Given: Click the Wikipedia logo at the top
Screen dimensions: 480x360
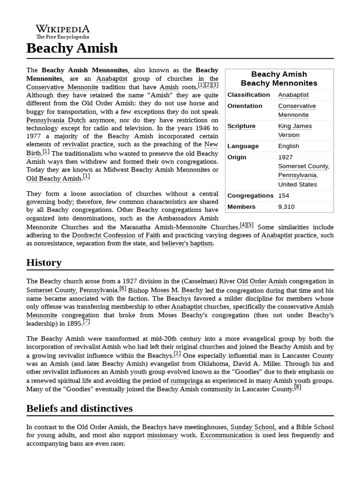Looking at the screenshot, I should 63,31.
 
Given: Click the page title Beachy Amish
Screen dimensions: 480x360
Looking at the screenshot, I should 72,48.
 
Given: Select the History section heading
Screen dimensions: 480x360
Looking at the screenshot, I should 44,262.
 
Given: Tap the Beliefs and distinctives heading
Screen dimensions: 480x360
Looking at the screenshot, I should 79,408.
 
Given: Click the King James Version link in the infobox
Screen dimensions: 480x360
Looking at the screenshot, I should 294,130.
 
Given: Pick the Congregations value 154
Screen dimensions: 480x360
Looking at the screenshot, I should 285,195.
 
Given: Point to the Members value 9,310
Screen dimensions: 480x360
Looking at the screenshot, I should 286,207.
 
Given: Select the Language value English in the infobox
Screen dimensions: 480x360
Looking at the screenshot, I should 288,146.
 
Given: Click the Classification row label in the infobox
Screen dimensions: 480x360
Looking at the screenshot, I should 248,95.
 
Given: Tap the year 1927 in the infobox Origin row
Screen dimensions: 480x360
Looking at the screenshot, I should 285,157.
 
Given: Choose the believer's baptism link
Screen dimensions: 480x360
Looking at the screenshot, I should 187,243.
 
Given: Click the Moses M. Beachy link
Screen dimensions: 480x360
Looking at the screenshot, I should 170,290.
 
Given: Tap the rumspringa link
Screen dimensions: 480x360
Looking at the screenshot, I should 187,381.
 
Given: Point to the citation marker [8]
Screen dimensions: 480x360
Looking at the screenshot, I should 298,387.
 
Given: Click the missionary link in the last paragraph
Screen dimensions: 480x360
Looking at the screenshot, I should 162,435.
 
